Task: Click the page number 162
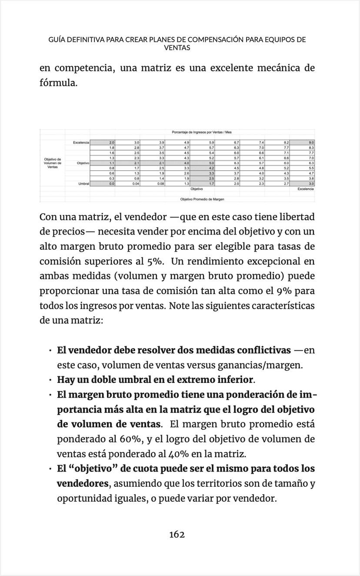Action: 177,535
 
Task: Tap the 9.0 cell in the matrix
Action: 311,142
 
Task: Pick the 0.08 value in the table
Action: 161,184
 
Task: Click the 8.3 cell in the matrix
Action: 311,148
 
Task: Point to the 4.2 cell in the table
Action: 211,167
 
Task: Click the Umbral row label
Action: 83,184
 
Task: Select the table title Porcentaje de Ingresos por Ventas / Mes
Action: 202,132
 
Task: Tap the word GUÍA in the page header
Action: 57,40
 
